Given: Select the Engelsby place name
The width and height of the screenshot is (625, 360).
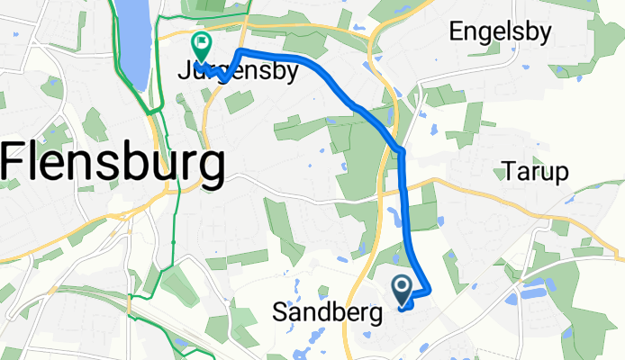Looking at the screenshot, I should [x=500, y=33].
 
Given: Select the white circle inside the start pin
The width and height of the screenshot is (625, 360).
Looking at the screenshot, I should [x=402, y=287].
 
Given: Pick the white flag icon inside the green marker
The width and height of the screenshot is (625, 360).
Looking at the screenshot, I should [x=200, y=41].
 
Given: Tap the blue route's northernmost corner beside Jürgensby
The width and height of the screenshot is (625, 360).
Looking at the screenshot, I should [x=239, y=50].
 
